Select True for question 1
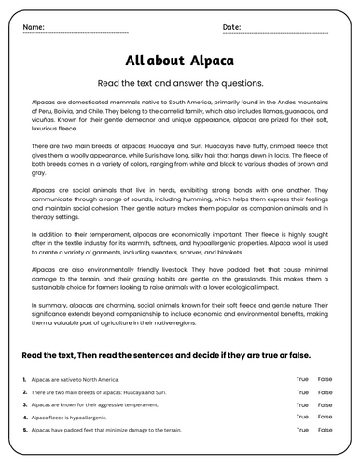coord(302,380)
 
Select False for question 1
coord(325,380)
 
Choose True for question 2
coord(302,393)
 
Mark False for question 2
coord(325,393)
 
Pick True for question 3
coord(302,406)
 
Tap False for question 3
coord(325,406)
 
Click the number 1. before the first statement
coord(23,380)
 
